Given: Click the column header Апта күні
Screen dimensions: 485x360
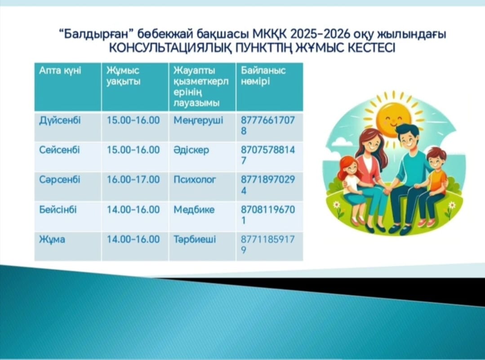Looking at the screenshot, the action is pyautogui.click(x=60, y=71).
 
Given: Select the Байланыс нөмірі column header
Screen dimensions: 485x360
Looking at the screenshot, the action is pyautogui.click(x=263, y=76).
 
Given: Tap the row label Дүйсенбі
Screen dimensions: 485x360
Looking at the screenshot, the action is pyautogui.click(x=60, y=120).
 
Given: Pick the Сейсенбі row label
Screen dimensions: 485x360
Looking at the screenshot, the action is pyautogui.click(x=59, y=150).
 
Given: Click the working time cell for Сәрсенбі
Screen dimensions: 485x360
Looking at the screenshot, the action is pyautogui.click(x=133, y=180).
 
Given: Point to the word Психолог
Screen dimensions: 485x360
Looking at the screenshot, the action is pyautogui.click(x=195, y=180).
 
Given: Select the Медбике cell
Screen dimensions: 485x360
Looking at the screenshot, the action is pyautogui.click(x=194, y=210).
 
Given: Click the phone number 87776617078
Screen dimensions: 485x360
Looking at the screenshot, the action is pyautogui.click(x=268, y=125).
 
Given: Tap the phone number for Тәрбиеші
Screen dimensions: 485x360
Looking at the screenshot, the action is pyautogui.click(x=268, y=244).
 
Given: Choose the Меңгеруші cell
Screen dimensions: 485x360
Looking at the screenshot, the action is pyautogui.click(x=198, y=120).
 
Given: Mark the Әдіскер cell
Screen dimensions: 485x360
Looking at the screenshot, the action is pyautogui.click(x=191, y=150).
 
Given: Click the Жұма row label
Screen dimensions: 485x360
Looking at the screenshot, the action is pyautogui.click(x=52, y=240).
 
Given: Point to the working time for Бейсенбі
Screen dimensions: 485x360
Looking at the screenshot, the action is pyautogui.click(x=133, y=210).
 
